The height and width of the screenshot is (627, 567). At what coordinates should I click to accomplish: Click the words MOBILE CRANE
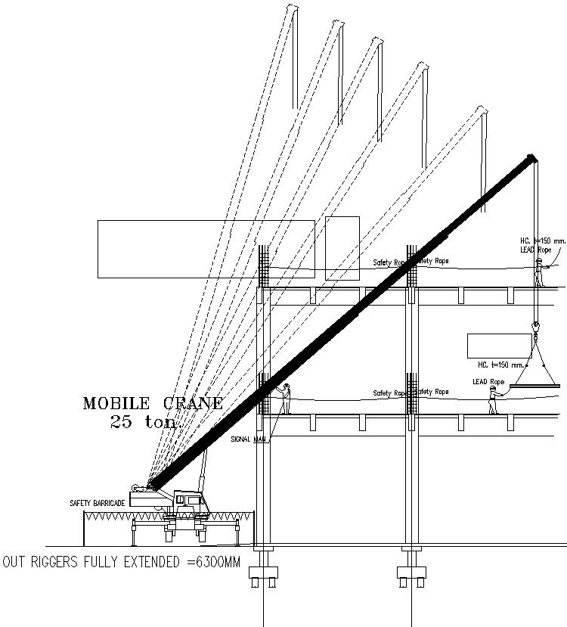153,403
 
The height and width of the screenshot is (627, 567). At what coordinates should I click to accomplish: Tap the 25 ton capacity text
143,422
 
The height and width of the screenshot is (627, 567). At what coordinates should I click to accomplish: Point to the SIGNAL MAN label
249,439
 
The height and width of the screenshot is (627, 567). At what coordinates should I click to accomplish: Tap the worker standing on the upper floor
539,272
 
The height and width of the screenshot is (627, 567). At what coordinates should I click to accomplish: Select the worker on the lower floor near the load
493,399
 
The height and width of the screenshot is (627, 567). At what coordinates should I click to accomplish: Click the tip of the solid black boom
532,158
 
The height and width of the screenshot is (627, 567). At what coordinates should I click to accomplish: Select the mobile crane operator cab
187,500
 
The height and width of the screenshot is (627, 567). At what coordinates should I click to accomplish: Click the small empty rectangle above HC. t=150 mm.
489,345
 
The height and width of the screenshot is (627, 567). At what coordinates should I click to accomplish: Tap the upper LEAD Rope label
535,249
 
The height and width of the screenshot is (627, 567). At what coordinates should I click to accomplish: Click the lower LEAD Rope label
488,381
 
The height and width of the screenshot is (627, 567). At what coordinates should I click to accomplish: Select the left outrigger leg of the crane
135,532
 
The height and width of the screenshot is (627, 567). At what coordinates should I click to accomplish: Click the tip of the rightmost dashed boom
482,111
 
